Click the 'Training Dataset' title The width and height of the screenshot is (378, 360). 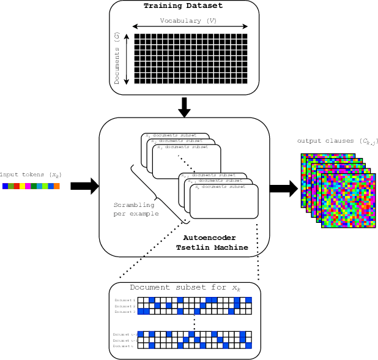point(183,6)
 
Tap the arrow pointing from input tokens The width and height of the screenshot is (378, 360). point(84,186)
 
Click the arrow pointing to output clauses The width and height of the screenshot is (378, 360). point(283,189)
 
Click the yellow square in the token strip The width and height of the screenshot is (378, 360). point(22,186)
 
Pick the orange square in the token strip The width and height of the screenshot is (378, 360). point(56,186)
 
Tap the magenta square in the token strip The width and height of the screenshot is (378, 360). point(28,186)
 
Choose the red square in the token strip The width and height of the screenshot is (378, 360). point(17,186)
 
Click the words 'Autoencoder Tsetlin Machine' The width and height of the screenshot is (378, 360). point(210,242)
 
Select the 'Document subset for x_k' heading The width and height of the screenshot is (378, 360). point(185,288)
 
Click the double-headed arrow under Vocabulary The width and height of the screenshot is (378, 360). point(190,27)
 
